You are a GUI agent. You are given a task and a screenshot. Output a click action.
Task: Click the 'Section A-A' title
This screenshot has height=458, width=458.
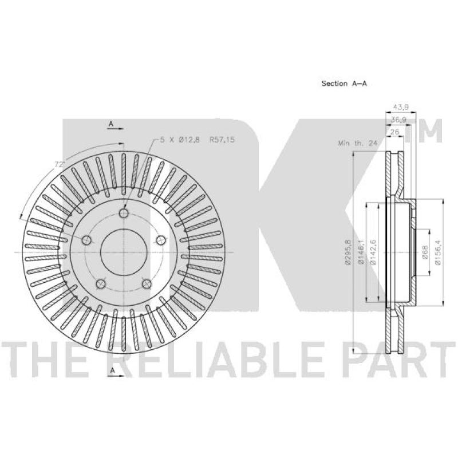343,84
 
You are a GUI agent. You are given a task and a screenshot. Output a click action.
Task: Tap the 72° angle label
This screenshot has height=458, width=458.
58,164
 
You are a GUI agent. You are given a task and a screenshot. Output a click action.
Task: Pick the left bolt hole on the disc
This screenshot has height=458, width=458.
87,240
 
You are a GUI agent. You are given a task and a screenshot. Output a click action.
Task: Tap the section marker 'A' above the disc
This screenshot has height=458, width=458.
112,124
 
